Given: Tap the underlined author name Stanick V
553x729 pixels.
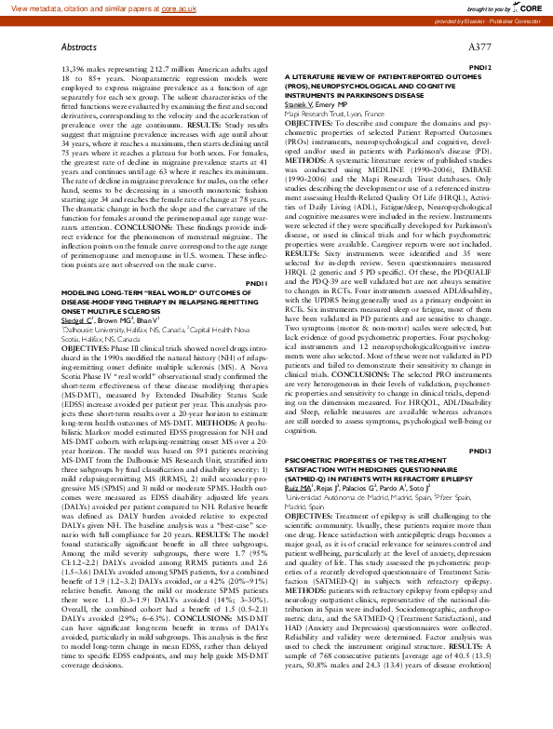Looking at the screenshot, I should [302, 105].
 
